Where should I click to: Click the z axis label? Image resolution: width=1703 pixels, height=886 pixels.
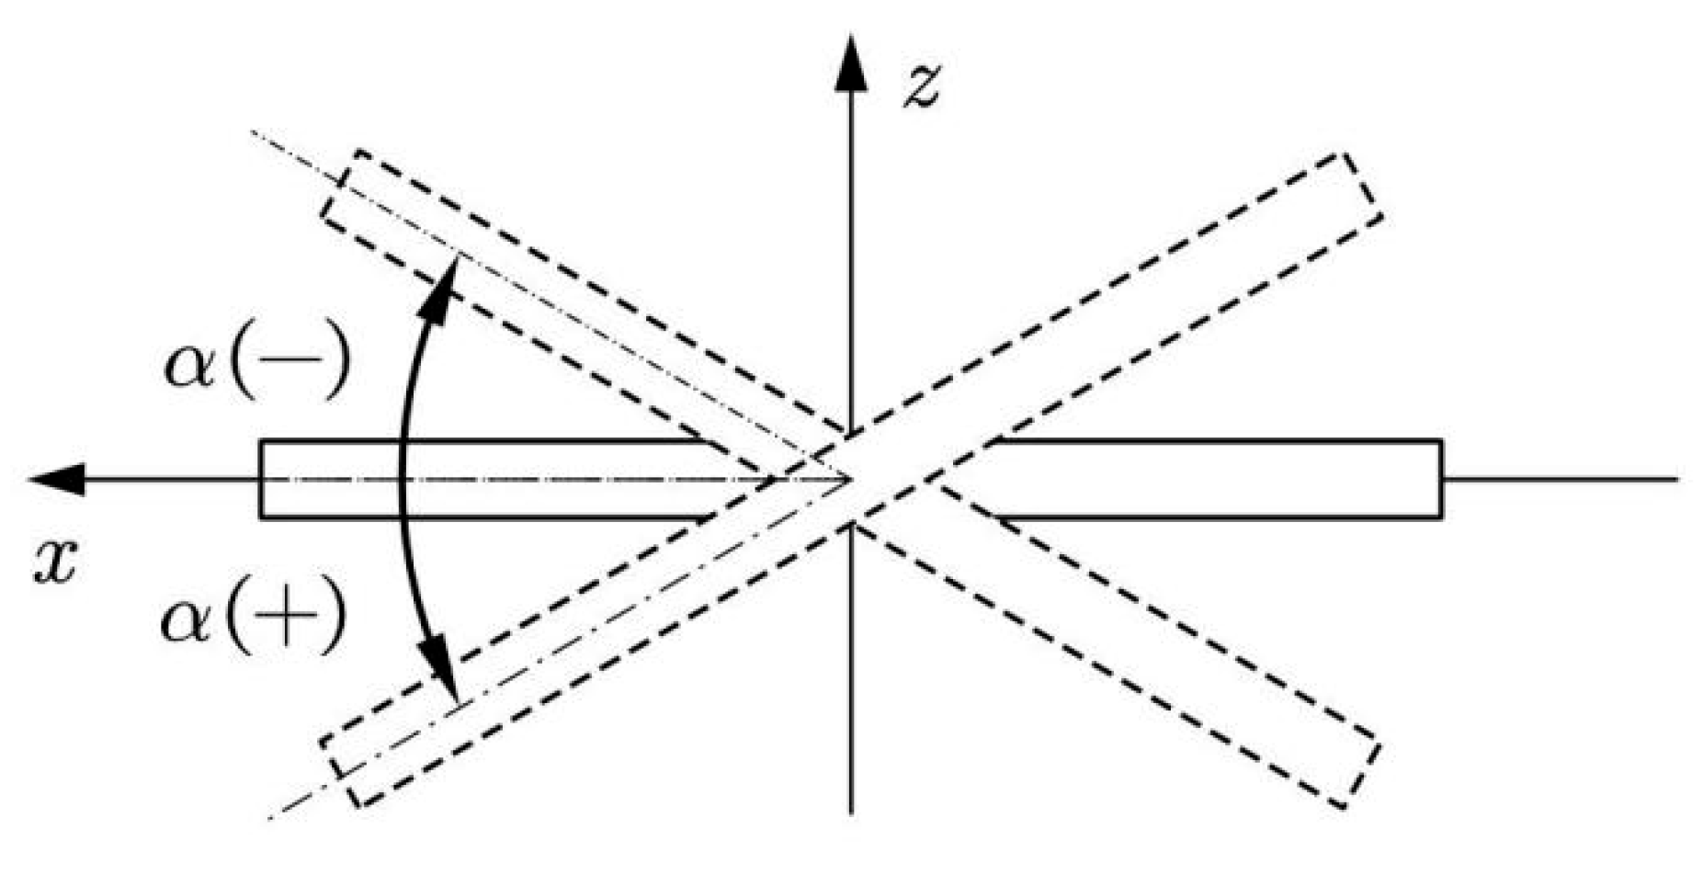(x=920, y=88)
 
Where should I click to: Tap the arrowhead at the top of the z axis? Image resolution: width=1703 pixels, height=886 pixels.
(x=850, y=64)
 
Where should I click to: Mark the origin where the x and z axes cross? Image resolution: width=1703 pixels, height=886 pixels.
(x=851, y=479)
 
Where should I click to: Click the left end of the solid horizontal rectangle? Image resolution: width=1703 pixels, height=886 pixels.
(x=262, y=480)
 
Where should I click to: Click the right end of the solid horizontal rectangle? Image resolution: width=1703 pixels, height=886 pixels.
(x=1439, y=480)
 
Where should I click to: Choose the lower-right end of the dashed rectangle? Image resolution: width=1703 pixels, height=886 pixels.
(x=1360, y=772)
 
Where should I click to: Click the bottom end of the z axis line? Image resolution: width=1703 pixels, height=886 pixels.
(x=851, y=812)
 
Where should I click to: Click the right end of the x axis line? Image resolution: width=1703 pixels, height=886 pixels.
(x=1676, y=479)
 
